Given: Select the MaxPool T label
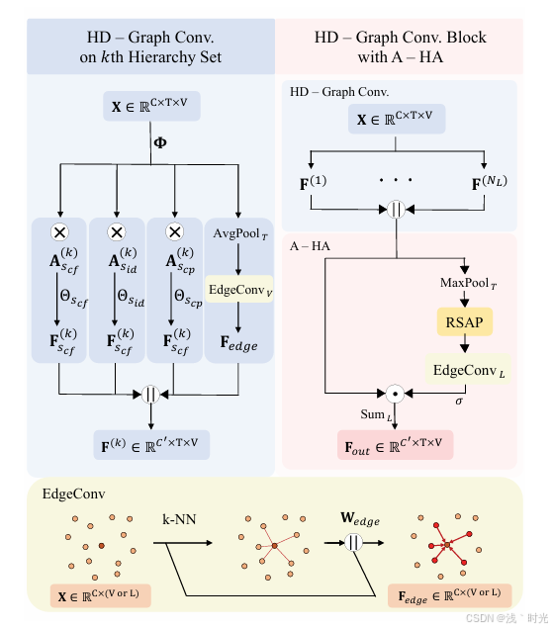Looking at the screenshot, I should tap(466, 285).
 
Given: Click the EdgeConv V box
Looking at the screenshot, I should tap(239, 290).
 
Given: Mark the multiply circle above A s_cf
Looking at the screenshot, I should tap(59, 232).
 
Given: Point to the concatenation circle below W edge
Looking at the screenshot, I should tap(350, 543).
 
